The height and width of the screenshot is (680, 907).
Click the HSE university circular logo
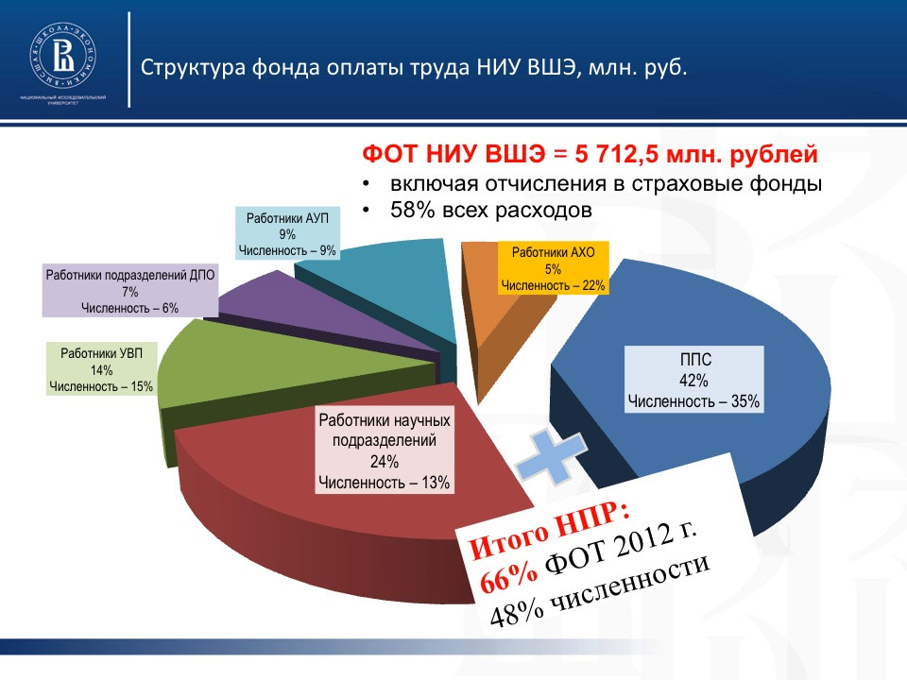(63, 56)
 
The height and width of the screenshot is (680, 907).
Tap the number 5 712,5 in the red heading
(617, 154)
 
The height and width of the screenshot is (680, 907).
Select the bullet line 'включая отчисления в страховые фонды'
(607, 184)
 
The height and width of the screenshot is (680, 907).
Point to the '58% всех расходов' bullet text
(491, 210)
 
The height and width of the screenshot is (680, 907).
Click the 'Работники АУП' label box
(287, 234)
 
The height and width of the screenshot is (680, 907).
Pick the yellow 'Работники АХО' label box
(553, 268)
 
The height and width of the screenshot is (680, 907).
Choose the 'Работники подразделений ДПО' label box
(130, 291)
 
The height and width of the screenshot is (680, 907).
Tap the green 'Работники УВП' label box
(101, 369)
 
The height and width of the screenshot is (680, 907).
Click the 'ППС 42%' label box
(694, 380)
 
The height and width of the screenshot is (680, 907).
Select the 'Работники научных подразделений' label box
(385, 451)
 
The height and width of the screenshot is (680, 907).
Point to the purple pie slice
(324, 315)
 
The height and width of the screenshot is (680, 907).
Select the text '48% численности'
(600, 590)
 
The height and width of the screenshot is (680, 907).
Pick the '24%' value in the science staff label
(385, 462)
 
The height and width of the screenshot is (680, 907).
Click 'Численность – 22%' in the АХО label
(553, 285)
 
